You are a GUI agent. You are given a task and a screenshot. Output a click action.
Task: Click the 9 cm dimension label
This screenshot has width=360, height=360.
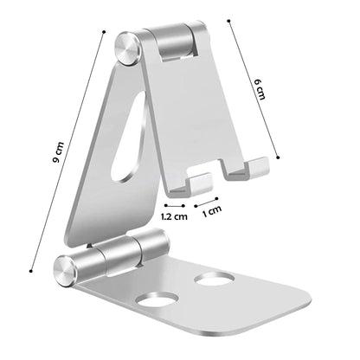pyautogui.click(x=59, y=152)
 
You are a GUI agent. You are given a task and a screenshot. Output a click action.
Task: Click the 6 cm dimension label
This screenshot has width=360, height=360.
pyautogui.click(x=259, y=89)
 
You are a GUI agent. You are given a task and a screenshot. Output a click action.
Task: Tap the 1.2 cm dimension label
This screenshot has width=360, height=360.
pyautogui.click(x=174, y=216)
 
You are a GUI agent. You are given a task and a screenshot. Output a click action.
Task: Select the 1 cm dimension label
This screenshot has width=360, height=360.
pyautogui.click(x=212, y=211)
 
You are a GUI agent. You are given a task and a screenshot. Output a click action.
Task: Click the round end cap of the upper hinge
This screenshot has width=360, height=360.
pyautogui.click(x=128, y=48)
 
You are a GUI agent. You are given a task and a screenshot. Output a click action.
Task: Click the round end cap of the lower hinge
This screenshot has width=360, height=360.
pyautogui.click(x=66, y=272)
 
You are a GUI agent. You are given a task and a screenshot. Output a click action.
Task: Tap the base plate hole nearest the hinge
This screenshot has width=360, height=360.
pyautogui.click(x=214, y=279)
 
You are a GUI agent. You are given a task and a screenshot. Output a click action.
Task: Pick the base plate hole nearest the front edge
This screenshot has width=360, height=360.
pyautogui.click(x=156, y=301)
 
